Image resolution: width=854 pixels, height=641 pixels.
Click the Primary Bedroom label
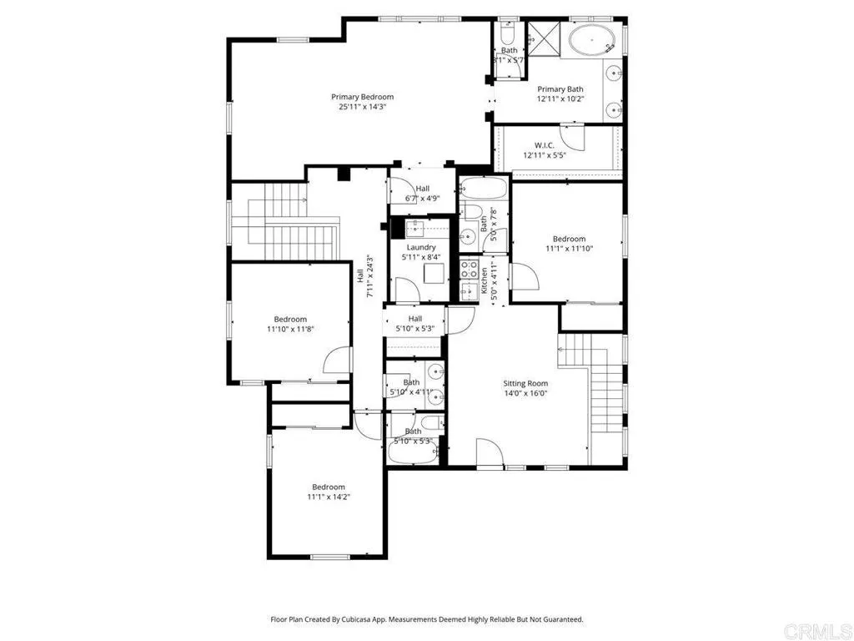pyautogui.click(x=362, y=97)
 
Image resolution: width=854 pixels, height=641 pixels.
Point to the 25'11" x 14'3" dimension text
pyautogui.click(x=362, y=107)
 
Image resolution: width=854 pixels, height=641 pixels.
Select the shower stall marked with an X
pyautogui.click(x=545, y=37)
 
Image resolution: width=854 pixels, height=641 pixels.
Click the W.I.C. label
pyautogui.click(x=539, y=145)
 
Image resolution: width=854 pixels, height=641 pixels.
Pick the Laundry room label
pyautogui.click(x=421, y=247)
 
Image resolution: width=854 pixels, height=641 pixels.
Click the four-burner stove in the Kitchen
pyautogui.click(x=470, y=269)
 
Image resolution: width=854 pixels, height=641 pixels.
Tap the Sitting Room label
pyautogui.click(x=525, y=383)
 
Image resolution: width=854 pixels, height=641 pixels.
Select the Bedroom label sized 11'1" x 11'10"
pyautogui.click(x=569, y=239)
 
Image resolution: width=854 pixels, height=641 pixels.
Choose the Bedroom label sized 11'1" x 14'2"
pyautogui.click(x=329, y=487)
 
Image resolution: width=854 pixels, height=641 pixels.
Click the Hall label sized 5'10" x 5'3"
pyautogui.click(x=415, y=319)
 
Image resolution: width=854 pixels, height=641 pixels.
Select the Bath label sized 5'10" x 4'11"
pyautogui.click(x=411, y=382)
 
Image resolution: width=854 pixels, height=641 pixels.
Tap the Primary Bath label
pyautogui.click(x=560, y=89)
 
